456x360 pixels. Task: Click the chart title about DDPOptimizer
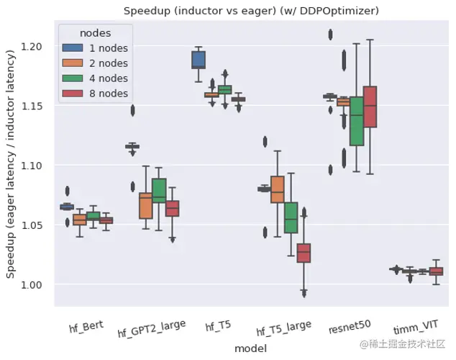(x=250, y=12)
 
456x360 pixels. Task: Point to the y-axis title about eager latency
(x=11, y=165)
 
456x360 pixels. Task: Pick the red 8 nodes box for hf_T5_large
(x=304, y=253)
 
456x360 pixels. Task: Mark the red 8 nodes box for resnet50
(x=370, y=107)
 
